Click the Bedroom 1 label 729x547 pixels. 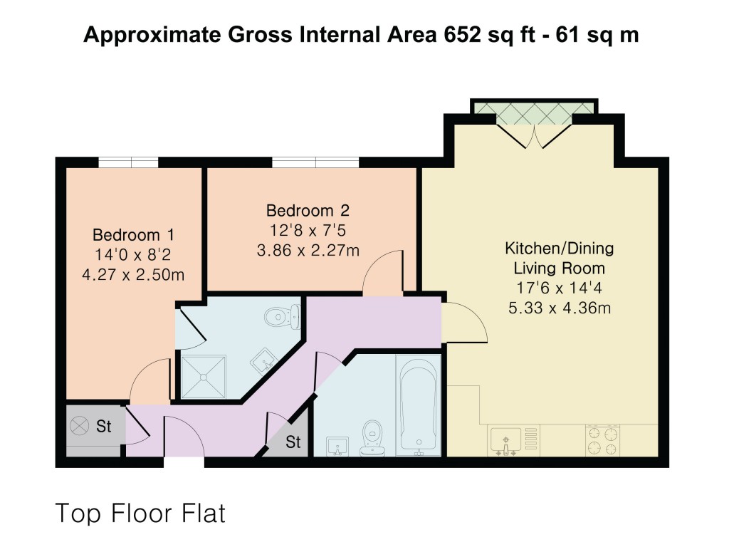coord(134,234)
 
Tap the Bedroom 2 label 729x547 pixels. coord(308,211)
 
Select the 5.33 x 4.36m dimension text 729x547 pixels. coord(559,308)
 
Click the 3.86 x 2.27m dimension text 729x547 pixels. coord(308,250)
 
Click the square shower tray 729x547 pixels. coord(204,376)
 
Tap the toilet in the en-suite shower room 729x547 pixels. coord(280,316)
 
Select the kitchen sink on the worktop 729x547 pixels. coord(506,439)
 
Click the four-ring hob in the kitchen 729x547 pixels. coord(602,439)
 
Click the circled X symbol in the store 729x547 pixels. coord(78,426)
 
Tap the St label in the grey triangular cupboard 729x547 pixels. coord(293,442)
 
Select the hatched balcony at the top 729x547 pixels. coord(534,108)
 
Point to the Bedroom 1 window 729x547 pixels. coord(128,162)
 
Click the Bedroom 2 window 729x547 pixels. coord(315,162)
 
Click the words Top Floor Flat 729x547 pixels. coord(140,513)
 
